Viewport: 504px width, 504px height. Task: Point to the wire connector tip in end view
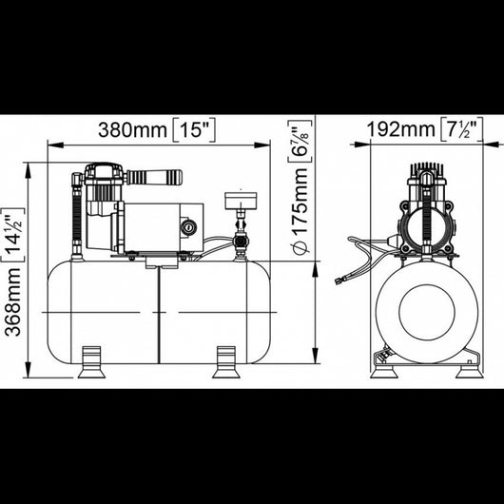(338, 281)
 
